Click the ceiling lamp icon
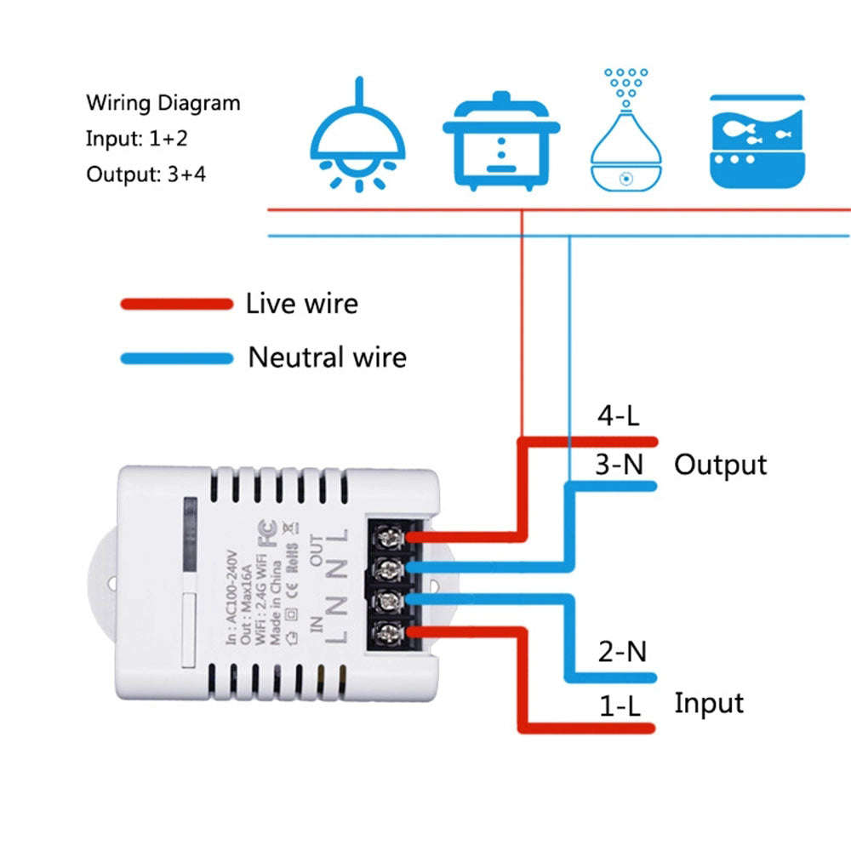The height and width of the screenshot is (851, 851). coord(357,136)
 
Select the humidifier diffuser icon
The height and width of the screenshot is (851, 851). coord(625,136)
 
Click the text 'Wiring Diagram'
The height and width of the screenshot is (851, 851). coord(163,104)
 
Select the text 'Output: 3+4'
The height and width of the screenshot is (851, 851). coord(146,174)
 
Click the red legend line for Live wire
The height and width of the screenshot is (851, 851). coord(176,304)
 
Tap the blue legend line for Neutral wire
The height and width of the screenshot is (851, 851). coord(176,358)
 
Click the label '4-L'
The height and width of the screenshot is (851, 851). coord(619,417)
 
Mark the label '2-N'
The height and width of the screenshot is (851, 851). coord(621,653)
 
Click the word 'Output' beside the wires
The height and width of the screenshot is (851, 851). coord(720,465)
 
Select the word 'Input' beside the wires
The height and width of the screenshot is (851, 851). coord(708,703)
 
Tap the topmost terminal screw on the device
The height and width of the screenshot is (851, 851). coord(391,537)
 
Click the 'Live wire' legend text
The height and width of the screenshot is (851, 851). coord(301,304)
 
